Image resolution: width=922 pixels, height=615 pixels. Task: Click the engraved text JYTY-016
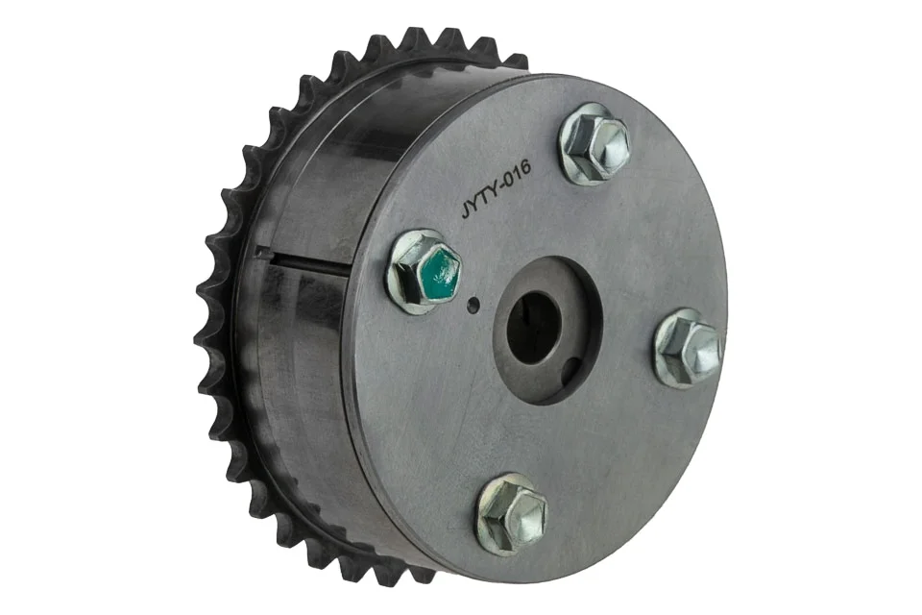coord(496,189)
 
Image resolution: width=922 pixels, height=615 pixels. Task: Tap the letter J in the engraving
coord(465,210)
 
